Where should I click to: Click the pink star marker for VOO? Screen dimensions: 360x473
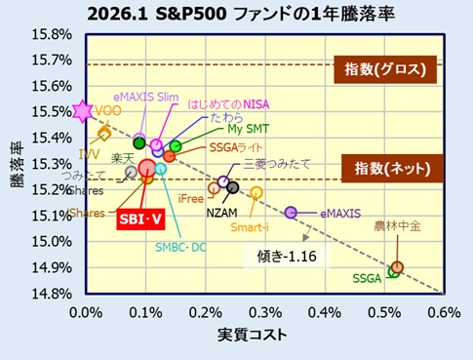(84, 112)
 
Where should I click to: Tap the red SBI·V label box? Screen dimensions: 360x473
(140, 220)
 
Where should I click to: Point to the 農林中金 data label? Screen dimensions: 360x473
(397, 226)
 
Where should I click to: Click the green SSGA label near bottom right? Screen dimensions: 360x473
(367, 278)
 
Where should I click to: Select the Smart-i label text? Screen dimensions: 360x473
(251, 227)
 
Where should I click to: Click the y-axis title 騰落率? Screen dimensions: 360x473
(18, 166)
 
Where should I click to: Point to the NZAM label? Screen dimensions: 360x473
(221, 212)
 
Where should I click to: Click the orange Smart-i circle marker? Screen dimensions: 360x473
(256, 193)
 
